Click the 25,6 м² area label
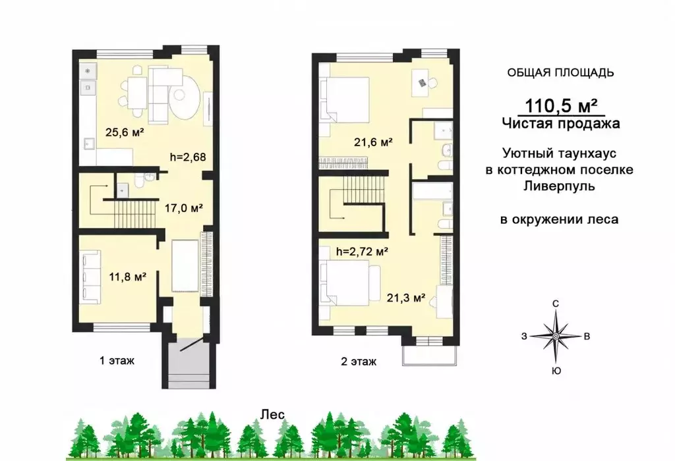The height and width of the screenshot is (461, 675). coord(125,132)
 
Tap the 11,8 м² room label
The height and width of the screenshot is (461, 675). coord(127,276)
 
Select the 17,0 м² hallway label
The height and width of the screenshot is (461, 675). coord(184,208)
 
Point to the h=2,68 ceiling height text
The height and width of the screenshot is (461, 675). coord(188,157)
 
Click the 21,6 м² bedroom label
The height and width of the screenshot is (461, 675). coord(373,142)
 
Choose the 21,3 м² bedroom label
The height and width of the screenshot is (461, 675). coord(406,297)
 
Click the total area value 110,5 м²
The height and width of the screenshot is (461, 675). coord(561,105)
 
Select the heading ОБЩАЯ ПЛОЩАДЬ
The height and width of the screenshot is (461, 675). coord(560,72)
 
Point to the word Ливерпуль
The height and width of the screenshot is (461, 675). coord(560,186)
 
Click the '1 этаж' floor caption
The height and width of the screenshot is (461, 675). coord(117,360)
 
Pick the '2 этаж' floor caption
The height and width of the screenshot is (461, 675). coord(359,362)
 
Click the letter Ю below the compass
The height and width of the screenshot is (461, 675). coord(556,371)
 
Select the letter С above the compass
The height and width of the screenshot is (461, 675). coord(556,304)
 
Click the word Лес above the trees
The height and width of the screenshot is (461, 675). coord(273,414)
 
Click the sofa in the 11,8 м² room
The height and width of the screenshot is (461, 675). coord(91,277)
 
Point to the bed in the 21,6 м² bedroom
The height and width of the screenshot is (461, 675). coord(344,101)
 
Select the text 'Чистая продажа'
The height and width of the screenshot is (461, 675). coord(562,124)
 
